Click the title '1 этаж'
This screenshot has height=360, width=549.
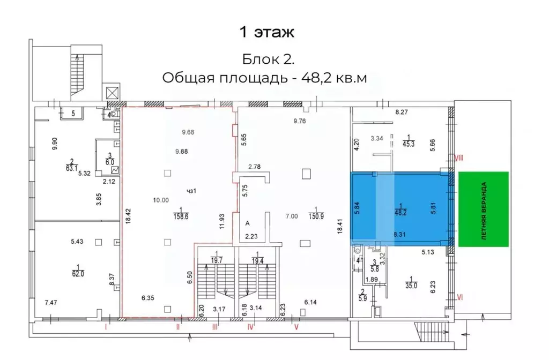click(x=266, y=32)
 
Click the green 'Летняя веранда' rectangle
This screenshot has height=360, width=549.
click(x=483, y=209)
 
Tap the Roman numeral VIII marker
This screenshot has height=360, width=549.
click(x=459, y=158)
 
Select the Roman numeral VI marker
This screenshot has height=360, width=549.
click(x=459, y=296)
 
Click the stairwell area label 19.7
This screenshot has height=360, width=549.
click(x=216, y=260)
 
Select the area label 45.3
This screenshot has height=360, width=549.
click(x=408, y=141)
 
